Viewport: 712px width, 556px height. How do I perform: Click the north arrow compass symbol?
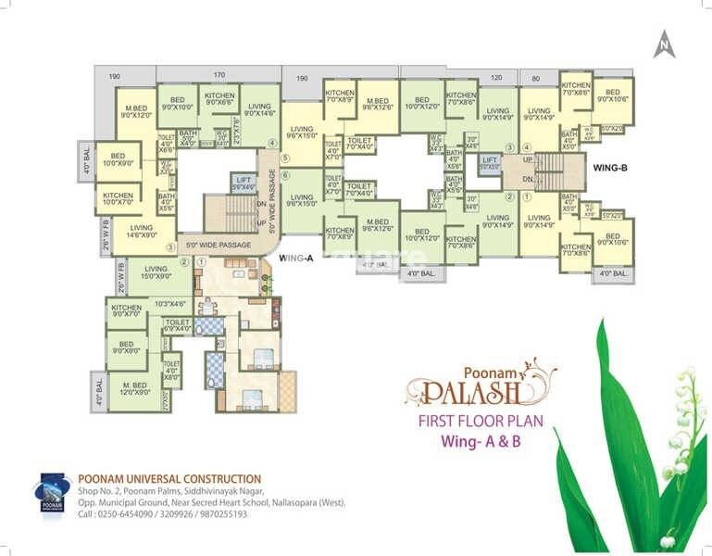[664, 44]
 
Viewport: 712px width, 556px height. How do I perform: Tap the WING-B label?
[611, 168]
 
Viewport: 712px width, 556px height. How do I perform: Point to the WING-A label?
[297, 259]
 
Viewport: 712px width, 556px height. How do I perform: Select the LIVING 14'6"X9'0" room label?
[142, 232]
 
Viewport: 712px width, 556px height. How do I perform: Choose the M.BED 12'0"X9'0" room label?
[134, 389]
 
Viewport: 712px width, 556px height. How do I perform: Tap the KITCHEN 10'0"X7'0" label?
[118, 199]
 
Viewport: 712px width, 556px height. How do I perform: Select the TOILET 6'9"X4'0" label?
[178, 325]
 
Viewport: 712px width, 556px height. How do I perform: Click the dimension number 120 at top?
[496, 80]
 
